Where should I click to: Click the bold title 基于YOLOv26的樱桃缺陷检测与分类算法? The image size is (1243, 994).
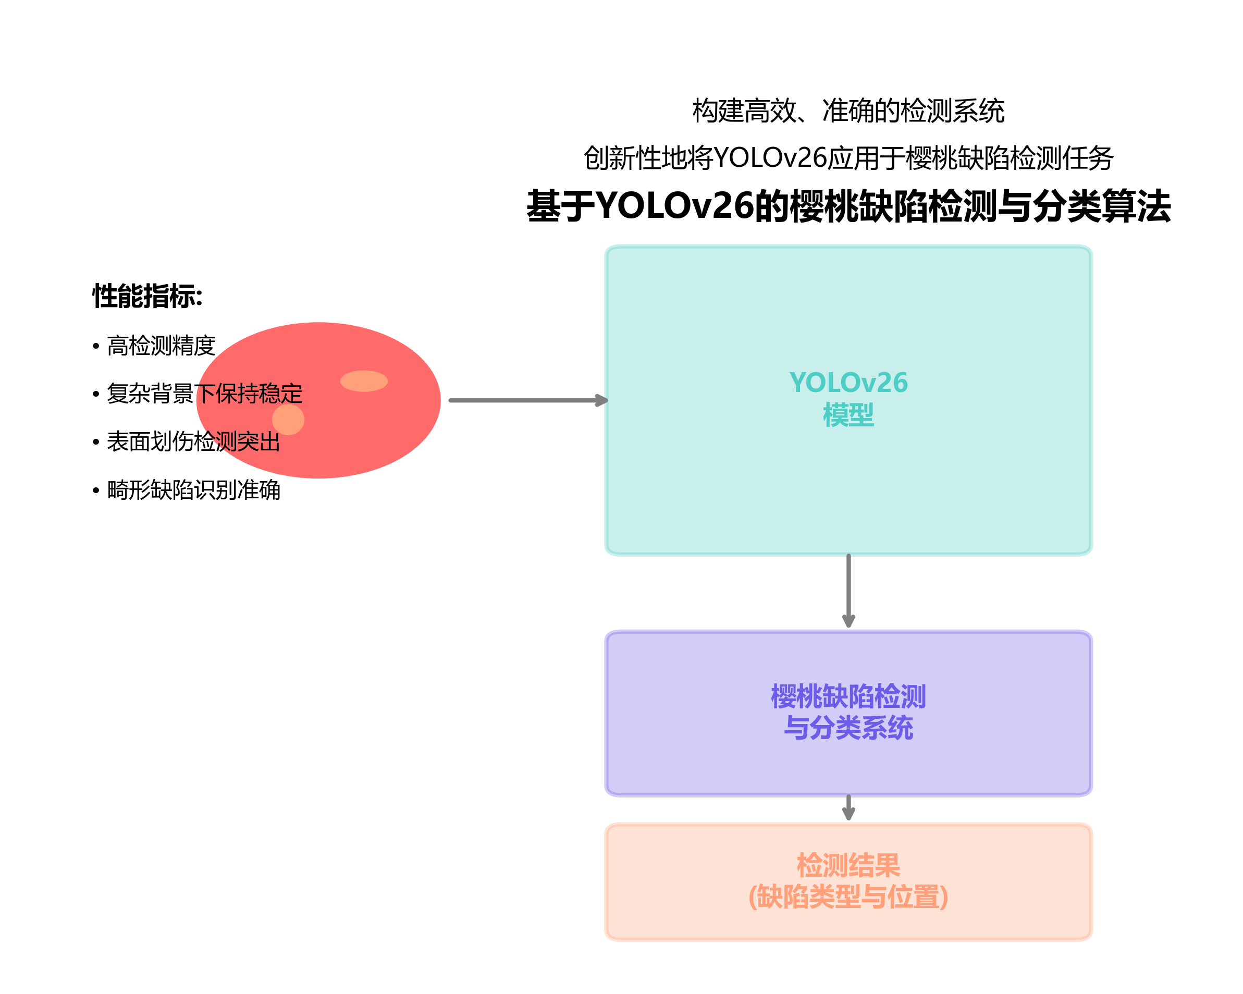click(x=848, y=206)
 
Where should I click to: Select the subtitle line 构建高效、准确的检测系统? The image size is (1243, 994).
click(x=848, y=111)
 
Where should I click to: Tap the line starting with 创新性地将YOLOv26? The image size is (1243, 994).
click(x=848, y=158)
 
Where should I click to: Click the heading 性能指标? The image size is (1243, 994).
click(x=147, y=297)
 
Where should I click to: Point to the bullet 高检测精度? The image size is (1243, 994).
click(x=161, y=346)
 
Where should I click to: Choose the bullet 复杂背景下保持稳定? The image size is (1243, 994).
click(x=204, y=394)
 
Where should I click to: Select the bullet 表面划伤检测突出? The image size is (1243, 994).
click(x=193, y=442)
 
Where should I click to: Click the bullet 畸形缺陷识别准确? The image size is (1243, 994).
click(x=193, y=490)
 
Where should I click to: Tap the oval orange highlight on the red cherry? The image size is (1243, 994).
click(x=364, y=381)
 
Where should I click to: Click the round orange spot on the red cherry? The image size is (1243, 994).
click(x=288, y=419)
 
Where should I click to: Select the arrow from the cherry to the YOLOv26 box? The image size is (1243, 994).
click(x=527, y=400)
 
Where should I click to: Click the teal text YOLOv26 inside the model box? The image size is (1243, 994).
click(x=848, y=383)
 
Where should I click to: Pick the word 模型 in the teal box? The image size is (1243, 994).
click(x=848, y=415)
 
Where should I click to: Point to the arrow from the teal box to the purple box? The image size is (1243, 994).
click(x=848, y=591)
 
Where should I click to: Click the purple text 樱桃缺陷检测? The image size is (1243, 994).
click(x=848, y=696)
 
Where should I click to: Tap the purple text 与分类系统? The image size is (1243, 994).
click(x=848, y=728)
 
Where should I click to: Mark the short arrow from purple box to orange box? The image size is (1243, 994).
click(x=848, y=807)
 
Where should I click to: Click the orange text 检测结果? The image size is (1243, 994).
click(x=848, y=865)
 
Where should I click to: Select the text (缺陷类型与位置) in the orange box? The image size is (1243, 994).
click(x=848, y=897)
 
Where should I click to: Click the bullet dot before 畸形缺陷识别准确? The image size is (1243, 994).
click(x=96, y=491)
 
